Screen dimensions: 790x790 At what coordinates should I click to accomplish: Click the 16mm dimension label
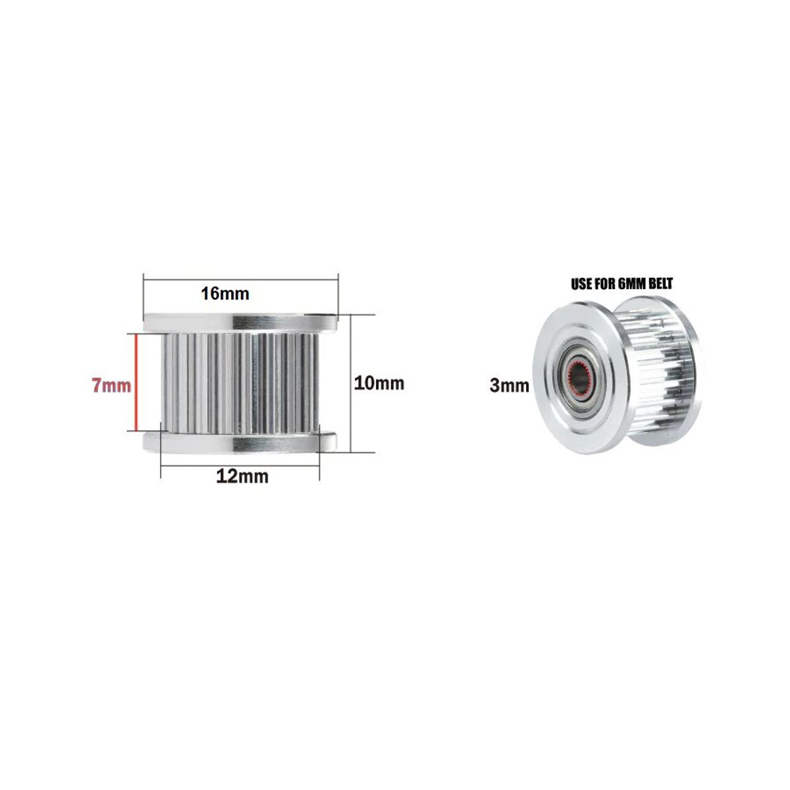225,294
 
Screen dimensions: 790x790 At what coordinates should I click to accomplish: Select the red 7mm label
111,385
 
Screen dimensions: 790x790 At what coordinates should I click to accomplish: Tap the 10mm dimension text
379,382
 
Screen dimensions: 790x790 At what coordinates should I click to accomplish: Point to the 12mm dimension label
242,477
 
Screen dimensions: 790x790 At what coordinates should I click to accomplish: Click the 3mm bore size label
509,386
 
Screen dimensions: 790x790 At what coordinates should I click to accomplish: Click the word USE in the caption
583,284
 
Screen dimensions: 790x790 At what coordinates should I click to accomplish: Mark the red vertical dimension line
136,382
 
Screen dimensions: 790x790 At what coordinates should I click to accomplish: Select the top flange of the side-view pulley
240,322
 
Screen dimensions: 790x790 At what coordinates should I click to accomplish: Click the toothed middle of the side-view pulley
240,382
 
